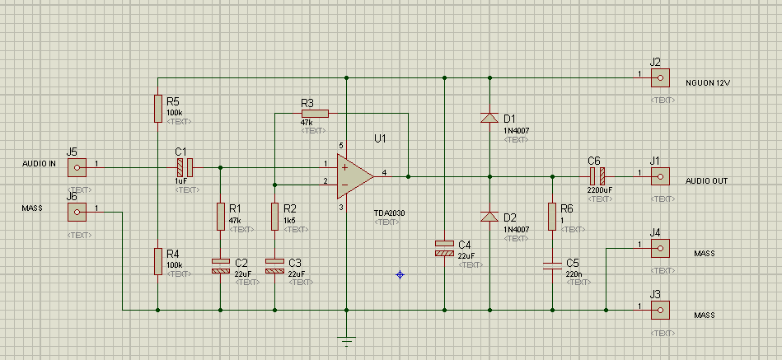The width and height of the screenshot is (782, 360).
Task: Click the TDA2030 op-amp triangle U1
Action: click(x=353, y=175)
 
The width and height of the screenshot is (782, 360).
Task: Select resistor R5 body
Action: click(x=157, y=108)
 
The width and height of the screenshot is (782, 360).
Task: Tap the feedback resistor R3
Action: click(x=314, y=114)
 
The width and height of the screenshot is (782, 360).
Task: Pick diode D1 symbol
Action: click(x=490, y=118)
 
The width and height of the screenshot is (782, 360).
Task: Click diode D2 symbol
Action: click(x=490, y=217)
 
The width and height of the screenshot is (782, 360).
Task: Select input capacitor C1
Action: click(x=183, y=167)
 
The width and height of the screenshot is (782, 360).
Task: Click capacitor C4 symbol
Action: click(x=444, y=248)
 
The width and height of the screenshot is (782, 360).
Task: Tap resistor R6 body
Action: click(x=551, y=215)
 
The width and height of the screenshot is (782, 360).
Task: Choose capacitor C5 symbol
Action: click(x=551, y=265)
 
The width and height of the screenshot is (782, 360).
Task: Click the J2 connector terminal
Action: click(x=659, y=78)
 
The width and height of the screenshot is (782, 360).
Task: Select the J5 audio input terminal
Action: click(x=77, y=167)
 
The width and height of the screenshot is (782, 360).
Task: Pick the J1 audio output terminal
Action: click(x=659, y=175)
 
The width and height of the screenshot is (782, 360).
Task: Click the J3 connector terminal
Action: click(x=659, y=311)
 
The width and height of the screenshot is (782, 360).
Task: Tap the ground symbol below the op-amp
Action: click(x=347, y=339)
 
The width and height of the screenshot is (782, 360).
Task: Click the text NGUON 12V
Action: click(x=708, y=83)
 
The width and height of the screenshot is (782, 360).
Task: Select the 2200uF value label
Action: click(x=599, y=189)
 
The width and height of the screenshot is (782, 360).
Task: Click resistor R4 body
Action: click(x=157, y=261)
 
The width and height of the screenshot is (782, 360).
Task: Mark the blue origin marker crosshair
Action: click(x=400, y=274)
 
